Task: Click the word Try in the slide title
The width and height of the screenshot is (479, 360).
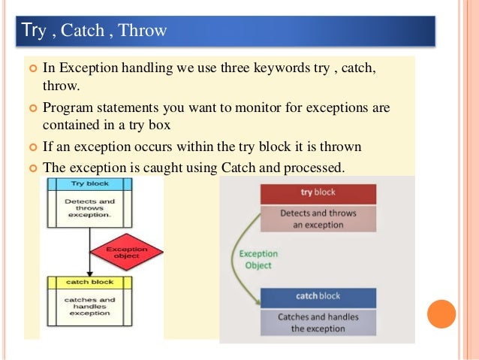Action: click(34, 30)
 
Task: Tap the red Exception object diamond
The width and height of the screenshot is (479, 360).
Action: click(126, 252)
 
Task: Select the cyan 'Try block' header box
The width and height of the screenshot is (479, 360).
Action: click(89, 183)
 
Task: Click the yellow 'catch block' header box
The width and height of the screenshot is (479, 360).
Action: click(89, 282)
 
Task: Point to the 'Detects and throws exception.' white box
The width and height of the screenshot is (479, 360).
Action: click(89, 207)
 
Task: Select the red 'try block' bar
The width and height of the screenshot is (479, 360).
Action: click(318, 192)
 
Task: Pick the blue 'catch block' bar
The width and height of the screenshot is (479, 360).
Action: click(318, 296)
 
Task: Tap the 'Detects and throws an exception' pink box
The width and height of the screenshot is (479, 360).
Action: click(318, 219)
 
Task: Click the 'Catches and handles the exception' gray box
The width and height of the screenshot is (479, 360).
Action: click(318, 322)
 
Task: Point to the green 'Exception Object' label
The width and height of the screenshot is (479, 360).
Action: click(258, 259)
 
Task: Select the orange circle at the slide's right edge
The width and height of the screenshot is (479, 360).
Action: click(441, 313)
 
